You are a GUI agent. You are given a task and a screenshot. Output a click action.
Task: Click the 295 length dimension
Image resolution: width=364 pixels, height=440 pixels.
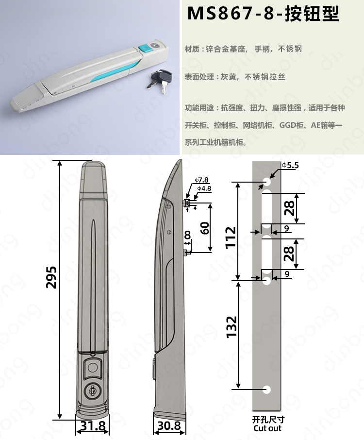coord(51,277)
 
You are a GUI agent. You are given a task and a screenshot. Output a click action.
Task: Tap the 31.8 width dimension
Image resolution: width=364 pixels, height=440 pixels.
coord(93,426)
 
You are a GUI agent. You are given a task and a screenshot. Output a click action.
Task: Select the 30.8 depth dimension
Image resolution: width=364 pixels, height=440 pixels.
coord(169,426)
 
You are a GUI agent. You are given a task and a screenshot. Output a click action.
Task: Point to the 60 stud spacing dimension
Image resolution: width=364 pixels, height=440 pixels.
coord(205,228)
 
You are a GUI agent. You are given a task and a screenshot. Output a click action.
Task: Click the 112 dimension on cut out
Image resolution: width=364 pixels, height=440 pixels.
coord(231,237)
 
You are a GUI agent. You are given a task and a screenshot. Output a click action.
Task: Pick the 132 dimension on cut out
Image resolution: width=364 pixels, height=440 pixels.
coord(232,327)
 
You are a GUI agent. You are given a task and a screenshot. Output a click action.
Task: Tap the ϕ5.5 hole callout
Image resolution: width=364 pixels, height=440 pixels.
coord(290,165)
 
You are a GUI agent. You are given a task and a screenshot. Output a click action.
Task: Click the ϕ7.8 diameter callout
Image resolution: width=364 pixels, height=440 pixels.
coord(201,180)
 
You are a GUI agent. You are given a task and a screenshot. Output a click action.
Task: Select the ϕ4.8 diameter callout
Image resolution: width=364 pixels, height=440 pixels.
coord(204,188)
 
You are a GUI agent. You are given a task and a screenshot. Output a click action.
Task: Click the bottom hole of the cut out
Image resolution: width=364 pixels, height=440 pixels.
coord(266,389)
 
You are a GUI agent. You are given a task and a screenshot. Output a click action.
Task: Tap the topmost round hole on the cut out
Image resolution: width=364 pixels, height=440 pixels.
coord(266,182)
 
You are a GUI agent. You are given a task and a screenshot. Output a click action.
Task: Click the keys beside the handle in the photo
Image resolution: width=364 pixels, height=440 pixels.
coord(160,81)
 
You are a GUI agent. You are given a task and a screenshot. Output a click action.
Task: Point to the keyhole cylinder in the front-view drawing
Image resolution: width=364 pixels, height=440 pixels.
coord(92,390)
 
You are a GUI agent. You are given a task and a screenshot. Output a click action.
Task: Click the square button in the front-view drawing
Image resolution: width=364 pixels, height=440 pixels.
coord(92,367)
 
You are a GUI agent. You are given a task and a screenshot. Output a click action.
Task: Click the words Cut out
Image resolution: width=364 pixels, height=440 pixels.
coord(267,428)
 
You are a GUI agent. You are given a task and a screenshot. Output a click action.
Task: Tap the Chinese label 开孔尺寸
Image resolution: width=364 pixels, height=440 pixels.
coord(268,420)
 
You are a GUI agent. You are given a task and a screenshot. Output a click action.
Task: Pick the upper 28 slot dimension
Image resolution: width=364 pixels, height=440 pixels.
coord(289,208)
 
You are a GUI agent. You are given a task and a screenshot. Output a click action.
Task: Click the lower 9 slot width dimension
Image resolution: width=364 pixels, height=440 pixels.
coord(287,273)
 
